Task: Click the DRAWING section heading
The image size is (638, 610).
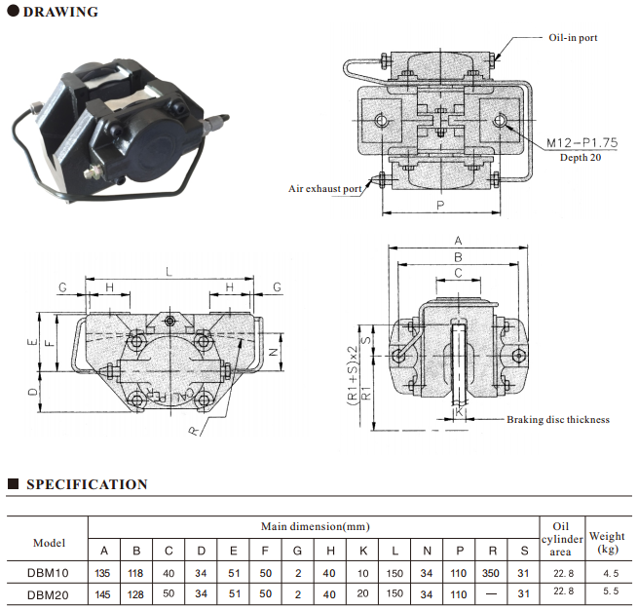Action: (x=59, y=13)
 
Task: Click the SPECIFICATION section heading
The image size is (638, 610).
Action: (x=87, y=484)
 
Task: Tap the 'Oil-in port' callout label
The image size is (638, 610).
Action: (x=572, y=38)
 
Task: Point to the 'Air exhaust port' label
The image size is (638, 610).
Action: (x=324, y=188)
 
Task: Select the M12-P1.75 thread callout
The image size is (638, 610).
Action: (x=582, y=142)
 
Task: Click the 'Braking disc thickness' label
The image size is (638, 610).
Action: (x=557, y=420)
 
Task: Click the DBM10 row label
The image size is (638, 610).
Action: (x=48, y=573)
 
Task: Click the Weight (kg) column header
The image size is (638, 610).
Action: (x=607, y=543)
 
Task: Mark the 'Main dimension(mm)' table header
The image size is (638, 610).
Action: (x=314, y=526)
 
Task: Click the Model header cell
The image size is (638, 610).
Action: (x=48, y=543)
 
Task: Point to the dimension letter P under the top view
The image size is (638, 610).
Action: (x=440, y=205)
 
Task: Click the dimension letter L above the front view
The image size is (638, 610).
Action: (x=170, y=272)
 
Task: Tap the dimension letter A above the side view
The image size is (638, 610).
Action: (x=458, y=240)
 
